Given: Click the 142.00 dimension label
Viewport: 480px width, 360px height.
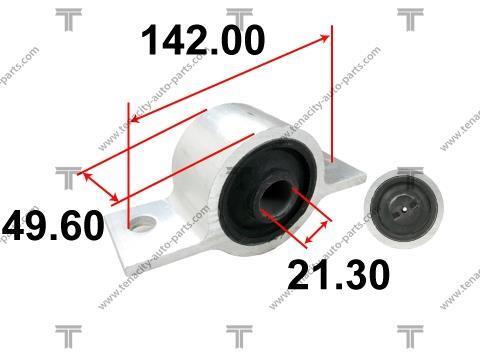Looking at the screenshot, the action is (x=203, y=40).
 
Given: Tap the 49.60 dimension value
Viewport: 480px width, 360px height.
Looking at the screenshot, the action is (x=53, y=225).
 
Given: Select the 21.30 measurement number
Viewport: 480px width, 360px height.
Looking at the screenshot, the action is (x=338, y=275).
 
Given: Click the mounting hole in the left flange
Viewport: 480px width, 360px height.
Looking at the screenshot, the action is (x=143, y=223).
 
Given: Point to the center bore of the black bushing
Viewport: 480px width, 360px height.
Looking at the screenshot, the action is (x=275, y=199).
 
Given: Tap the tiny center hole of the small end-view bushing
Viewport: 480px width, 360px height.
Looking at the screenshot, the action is (x=404, y=210).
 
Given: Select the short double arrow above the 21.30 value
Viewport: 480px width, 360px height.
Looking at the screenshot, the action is (x=316, y=232).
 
